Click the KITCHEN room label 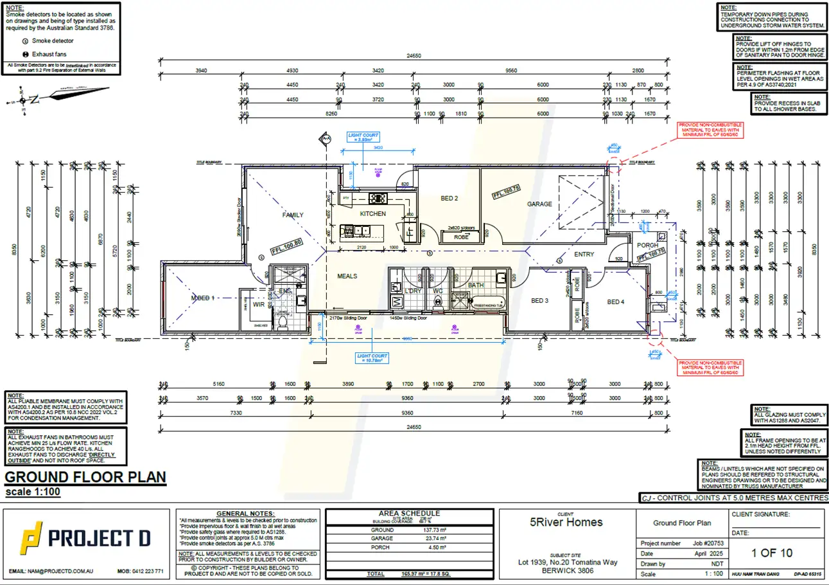pyautogui.click(x=372, y=213)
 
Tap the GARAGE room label pyautogui.click(x=539, y=204)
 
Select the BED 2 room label pyautogui.click(x=449, y=198)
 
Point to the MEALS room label pyautogui.click(x=347, y=276)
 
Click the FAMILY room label pyautogui.click(x=292, y=215)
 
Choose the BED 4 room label pyautogui.click(x=615, y=301)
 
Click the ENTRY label pyautogui.click(x=584, y=255)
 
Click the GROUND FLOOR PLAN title pyautogui.click(x=85, y=477)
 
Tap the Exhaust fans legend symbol pyautogui.click(x=25, y=55)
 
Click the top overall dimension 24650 pyautogui.click(x=412, y=56)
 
